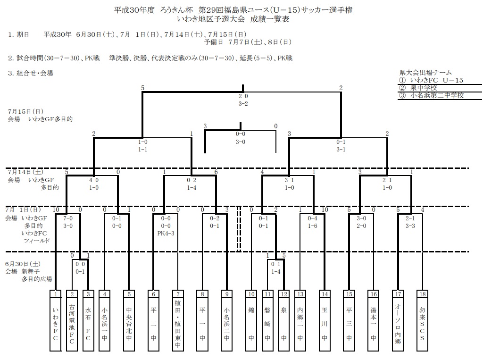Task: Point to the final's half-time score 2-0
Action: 243,97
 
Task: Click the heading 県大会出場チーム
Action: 425,73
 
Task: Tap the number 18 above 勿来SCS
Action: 422,294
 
